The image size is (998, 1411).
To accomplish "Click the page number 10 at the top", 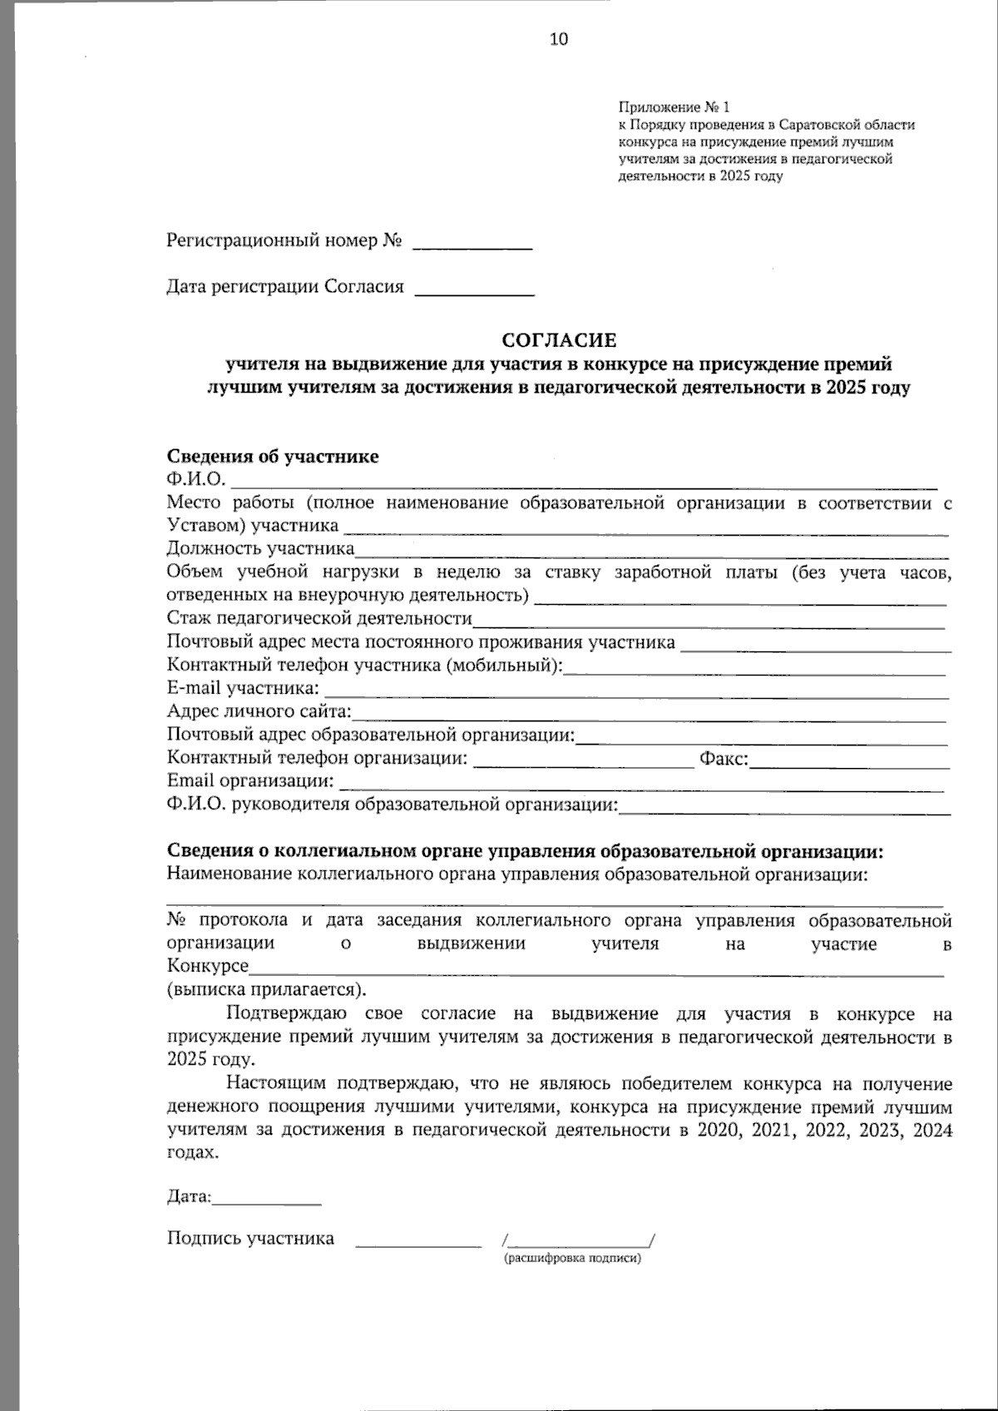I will pyautogui.click(x=559, y=39).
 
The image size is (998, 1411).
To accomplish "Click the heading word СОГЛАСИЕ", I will pyautogui.click(x=559, y=340).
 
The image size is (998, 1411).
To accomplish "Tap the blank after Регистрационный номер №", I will pyautogui.click(x=472, y=244).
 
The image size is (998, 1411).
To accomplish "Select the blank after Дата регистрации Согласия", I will pyautogui.click(x=473, y=290).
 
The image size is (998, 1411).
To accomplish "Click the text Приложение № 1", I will pyautogui.click(x=673, y=107).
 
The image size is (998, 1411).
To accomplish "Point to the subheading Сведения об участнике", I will pyautogui.click(x=273, y=457).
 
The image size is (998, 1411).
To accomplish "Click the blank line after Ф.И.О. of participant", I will pyautogui.click(x=582, y=481).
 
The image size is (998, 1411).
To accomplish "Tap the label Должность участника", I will pyautogui.click(x=260, y=548).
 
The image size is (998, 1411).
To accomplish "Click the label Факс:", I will pyautogui.click(x=724, y=759).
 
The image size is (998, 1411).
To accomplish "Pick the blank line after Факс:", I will pyautogui.click(x=849, y=762).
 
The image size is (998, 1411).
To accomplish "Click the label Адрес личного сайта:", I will pyautogui.click(x=259, y=711).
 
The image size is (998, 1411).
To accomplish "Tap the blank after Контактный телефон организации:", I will pyautogui.click(x=582, y=762).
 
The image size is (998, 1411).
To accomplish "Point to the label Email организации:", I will pyautogui.click(x=250, y=781).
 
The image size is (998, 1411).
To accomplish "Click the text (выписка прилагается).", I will pyautogui.click(x=266, y=990).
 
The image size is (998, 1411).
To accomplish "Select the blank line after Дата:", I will pyautogui.click(x=267, y=1201).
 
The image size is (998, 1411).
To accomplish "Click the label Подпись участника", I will pyautogui.click(x=250, y=1239).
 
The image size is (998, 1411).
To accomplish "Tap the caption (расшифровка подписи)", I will pyautogui.click(x=572, y=1259).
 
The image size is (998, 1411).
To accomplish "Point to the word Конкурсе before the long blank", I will pyautogui.click(x=208, y=967).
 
